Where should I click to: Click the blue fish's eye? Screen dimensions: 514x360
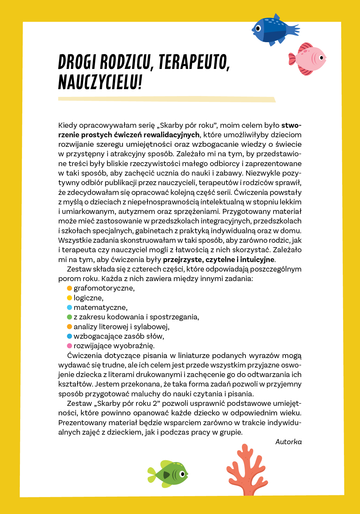[258, 29]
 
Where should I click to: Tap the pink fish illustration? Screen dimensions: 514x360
[309, 58]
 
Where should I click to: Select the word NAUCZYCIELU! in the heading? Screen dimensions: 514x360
[100, 82]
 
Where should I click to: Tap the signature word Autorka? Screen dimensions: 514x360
[288, 442]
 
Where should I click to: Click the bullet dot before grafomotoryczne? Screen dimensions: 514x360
[70, 288]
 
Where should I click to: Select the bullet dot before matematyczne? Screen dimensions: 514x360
[70, 308]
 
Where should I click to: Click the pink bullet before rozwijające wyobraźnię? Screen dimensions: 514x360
[70, 346]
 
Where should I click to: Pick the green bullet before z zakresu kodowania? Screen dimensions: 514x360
[70, 317]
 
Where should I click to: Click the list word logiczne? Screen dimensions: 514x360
[88, 298]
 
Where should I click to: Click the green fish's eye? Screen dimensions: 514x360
[183, 473]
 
